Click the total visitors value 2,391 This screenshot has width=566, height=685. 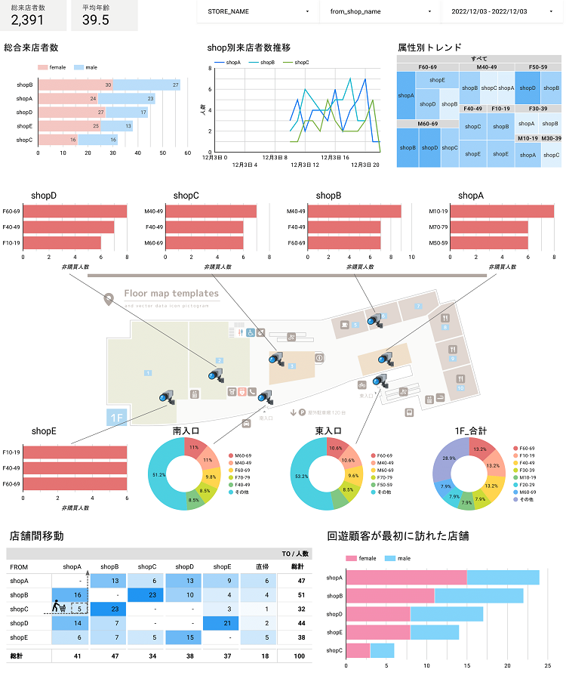[28, 20]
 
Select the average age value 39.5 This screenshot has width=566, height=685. [96, 20]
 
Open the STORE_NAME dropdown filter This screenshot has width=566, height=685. [257, 12]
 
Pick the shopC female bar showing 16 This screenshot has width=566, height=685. [57, 140]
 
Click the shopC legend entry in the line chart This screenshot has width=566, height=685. [298, 63]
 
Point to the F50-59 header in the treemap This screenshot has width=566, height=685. [538, 67]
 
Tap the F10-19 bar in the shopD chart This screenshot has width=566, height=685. [62, 242]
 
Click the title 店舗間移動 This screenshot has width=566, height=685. [36, 535]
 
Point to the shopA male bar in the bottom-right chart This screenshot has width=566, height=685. [503, 578]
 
